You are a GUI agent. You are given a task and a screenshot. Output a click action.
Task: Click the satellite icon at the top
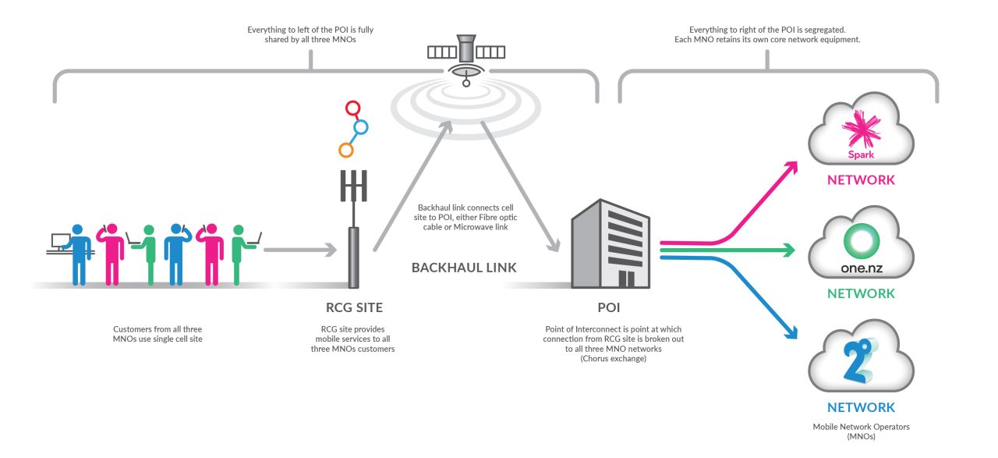click(x=465, y=53)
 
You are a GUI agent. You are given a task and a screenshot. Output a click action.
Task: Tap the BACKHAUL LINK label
click(x=464, y=268)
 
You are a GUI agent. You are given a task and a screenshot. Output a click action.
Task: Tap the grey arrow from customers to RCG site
click(x=300, y=250)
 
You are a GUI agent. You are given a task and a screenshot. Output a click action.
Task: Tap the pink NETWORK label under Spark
click(x=861, y=180)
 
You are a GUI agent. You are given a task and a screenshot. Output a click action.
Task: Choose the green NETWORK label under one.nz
click(x=861, y=293)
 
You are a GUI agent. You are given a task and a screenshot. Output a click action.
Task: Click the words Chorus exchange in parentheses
click(x=614, y=358)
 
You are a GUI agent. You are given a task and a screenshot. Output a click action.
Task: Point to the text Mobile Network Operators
click(x=861, y=427)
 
